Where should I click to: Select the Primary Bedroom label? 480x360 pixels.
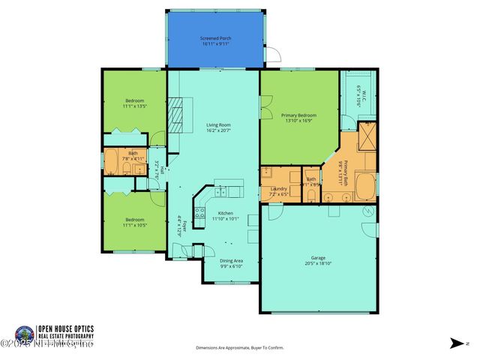click(x=298, y=115)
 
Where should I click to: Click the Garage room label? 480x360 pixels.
click(x=317, y=257)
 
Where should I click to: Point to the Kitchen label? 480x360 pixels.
click(x=215, y=213)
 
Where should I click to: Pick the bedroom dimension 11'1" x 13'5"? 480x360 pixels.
click(x=134, y=106)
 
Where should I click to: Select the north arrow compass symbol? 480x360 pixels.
click(x=455, y=343)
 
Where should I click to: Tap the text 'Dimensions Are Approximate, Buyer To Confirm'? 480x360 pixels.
click(x=240, y=348)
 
